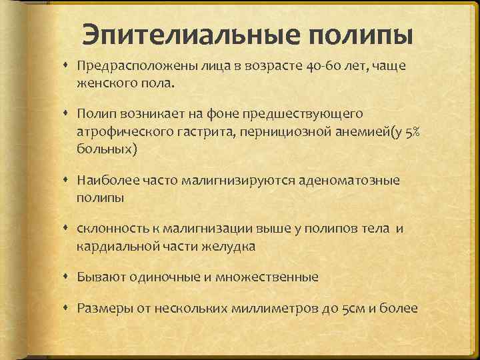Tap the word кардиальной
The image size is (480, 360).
114,246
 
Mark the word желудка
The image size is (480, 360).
229,246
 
